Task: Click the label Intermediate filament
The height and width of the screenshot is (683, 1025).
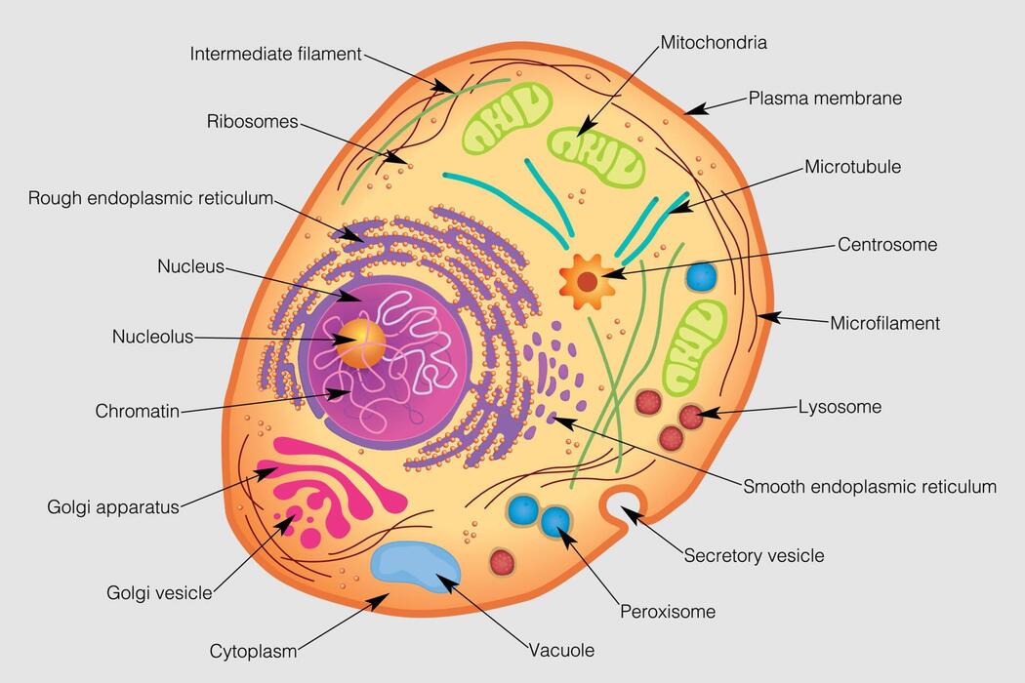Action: pyautogui.click(x=276, y=54)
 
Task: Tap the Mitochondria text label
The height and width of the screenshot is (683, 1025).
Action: pyautogui.click(x=714, y=42)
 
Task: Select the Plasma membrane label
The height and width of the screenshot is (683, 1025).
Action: pyautogui.click(x=825, y=98)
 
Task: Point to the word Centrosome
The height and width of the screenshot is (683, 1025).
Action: pyautogui.click(x=887, y=244)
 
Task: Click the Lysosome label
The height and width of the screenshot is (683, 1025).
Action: pyautogui.click(x=840, y=407)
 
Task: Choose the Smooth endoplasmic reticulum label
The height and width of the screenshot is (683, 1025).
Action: pyautogui.click(x=870, y=486)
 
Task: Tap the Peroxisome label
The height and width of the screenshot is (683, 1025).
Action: pyautogui.click(x=668, y=612)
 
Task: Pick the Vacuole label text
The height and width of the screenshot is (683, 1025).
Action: pyautogui.click(x=561, y=650)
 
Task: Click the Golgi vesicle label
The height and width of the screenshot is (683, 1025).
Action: pyautogui.click(x=159, y=592)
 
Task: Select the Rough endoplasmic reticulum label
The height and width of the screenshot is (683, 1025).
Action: pyautogui.click(x=150, y=198)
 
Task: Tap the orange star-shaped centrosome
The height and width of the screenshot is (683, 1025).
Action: pyautogui.click(x=588, y=281)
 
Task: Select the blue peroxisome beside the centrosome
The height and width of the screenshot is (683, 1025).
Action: pyautogui.click(x=701, y=276)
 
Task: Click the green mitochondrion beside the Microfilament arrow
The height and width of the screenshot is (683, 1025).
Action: pyautogui.click(x=695, y=344)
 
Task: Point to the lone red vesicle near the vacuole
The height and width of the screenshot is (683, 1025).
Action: pyautogui.click(x=502, y=561)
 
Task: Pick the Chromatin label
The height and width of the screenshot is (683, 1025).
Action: pyautogui.click(x=138, y=411)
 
